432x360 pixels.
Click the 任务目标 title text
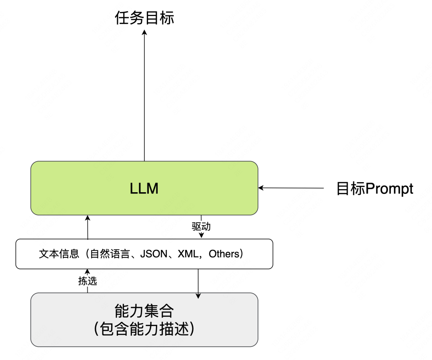point(144,18)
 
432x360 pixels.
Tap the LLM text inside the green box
point(144,189)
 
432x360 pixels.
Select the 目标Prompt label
point(375,189)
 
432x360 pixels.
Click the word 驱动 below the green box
point(201,227)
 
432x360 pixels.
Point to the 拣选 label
point(88,281)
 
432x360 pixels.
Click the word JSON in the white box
point(154,254)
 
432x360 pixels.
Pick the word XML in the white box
point(188,254)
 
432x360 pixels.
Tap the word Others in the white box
point(224,254)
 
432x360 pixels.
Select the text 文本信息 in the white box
point(59,254)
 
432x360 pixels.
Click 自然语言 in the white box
point(110,254)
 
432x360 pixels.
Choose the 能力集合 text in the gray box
point(144,311)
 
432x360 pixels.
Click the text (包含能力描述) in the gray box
point(144,329)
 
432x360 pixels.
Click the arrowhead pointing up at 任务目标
point(144,32)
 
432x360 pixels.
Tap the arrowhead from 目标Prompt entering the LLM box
point(261,188)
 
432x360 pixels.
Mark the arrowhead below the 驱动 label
point(201,235)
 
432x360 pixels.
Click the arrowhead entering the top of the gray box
point(198,296)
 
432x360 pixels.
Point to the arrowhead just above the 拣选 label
point(88,272)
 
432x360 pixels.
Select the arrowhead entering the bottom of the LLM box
point(88,218)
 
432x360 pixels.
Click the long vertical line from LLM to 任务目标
point(144,95)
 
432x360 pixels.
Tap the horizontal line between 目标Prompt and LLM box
point(291,188)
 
